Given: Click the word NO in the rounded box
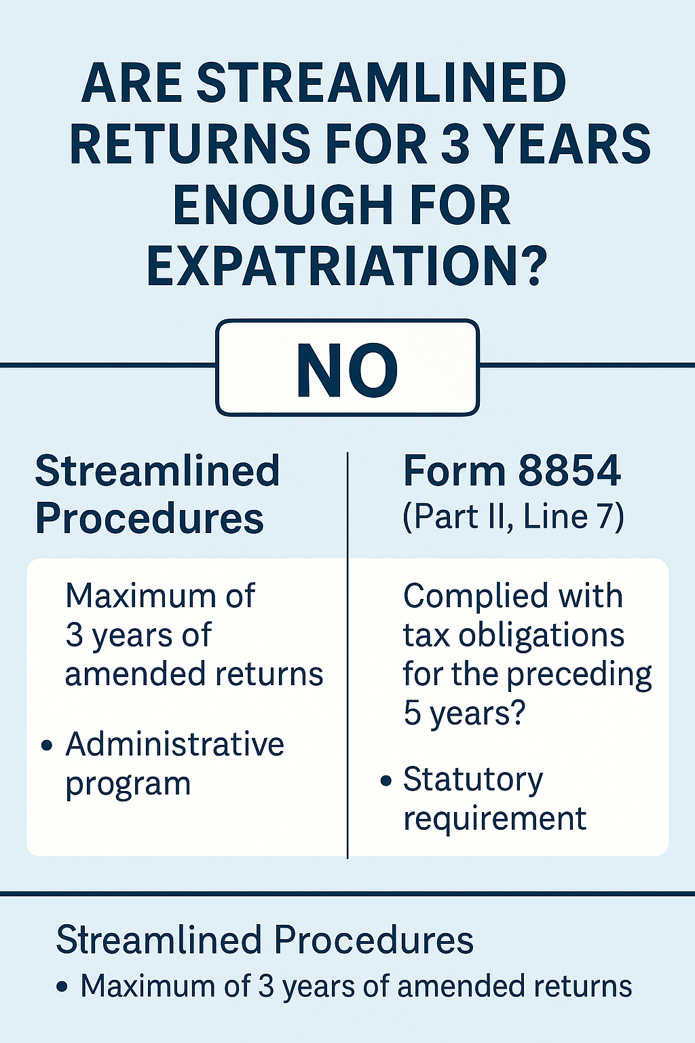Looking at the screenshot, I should click(x=347, y=370).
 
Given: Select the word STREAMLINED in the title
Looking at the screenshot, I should click(x=381, y=84).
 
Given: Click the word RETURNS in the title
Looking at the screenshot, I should click(x=191, y=145).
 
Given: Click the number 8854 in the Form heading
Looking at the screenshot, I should click(x=569, y=471).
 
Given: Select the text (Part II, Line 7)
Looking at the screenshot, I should click(x=513, y=517).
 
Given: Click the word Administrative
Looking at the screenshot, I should click(x=174, y=744).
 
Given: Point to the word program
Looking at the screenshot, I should click(x=128, y=784).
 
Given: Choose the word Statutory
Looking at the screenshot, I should click(x=473, y=780).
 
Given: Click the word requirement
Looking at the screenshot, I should click(x=495, y=819).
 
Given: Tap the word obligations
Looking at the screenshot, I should click(x=541, y=636).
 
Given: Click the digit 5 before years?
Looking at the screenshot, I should click(x=412, y=713).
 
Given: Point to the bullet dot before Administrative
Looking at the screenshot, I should click(x=47, y=746).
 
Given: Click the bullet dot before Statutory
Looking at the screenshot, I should click(x=386, y=781).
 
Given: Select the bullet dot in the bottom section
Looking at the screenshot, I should click(x=63, y=987).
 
